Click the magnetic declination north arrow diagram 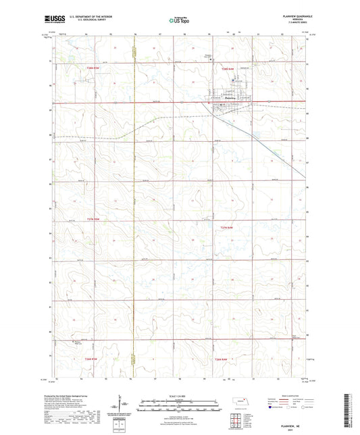(x=124, y=404)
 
